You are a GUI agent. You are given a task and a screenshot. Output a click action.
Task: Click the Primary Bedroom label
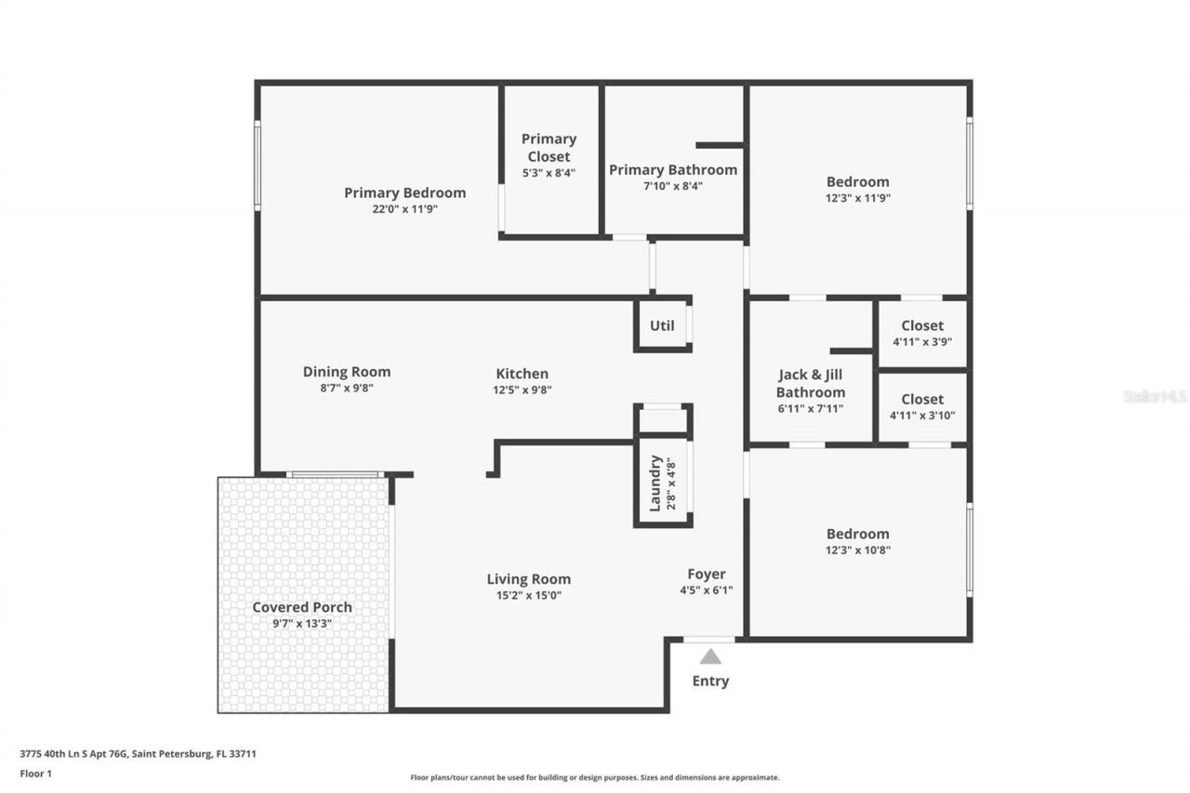click(x=404, y=192)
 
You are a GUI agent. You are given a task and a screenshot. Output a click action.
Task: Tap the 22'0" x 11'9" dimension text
click(x=404, y=209)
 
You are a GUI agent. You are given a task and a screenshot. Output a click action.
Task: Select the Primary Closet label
click(x=549, y=147)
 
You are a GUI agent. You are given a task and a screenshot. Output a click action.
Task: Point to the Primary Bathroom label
click(x=672, y=169)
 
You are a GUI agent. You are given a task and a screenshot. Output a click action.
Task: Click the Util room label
click(x=662, y=325)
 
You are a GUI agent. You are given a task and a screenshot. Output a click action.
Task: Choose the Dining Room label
click(x=346, y=372)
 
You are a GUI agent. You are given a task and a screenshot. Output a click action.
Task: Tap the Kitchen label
click(x=522, y=374)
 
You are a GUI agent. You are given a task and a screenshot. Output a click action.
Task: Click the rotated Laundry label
click(x=654, y=482)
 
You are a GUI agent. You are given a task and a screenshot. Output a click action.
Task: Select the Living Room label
click(x=528, y=579)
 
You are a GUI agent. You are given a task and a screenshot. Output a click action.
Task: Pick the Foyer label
click(x=707, y=574)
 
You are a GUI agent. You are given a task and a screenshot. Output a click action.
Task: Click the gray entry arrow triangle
click(x=710, y=656)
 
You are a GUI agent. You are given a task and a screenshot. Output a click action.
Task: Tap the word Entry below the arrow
click(x=710, y=681)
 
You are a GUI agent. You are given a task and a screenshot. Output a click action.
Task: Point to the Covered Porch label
click(x=302, y=607)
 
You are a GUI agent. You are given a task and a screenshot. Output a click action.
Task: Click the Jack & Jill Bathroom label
click(x=812, y=383)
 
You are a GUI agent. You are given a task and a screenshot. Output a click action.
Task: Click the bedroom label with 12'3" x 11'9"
click(x=857, y=182)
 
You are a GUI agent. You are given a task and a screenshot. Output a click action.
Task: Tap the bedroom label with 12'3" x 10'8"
click(x=857, y=534)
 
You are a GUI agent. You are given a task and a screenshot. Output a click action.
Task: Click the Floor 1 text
click(x=36, y=773)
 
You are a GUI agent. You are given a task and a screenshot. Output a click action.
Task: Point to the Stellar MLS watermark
click(x=1155, y=396)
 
